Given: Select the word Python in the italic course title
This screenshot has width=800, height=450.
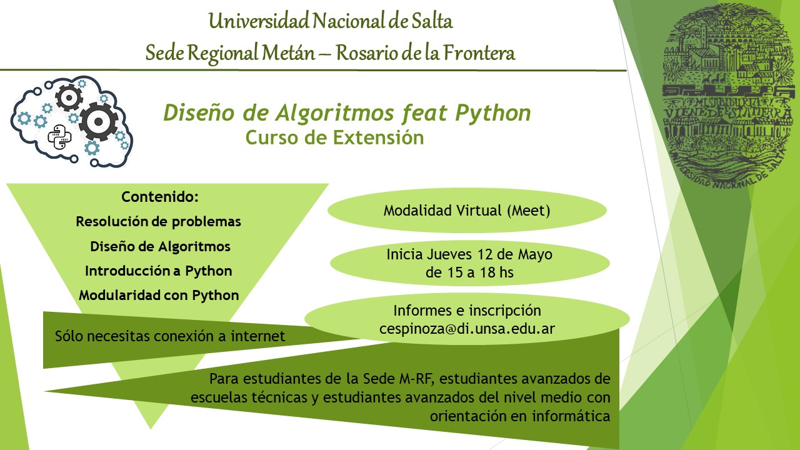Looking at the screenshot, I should click(x=493, y=113).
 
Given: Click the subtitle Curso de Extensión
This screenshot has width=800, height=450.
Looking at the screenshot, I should click(x=334, y=137).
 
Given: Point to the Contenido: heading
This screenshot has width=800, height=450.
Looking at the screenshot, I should click(x=160, y=197).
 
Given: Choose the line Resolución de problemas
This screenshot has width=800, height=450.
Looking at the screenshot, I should click(x=158, y=221).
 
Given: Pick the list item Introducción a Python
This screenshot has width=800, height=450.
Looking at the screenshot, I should click(x=159, y=271).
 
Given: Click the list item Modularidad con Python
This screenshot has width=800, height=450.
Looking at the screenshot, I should click(x=159, y=295).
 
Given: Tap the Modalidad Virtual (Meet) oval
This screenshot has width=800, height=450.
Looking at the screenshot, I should click(x=467, y=211).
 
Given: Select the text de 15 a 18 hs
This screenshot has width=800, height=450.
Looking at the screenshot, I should click(x=469, y=272).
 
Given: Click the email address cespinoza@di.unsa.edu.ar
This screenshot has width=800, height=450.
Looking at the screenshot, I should click(x=467, y=328).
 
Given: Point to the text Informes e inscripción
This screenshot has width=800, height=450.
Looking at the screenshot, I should click(x=467, y=311).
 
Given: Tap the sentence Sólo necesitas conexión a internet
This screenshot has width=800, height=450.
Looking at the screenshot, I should click(x=170, y=336).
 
